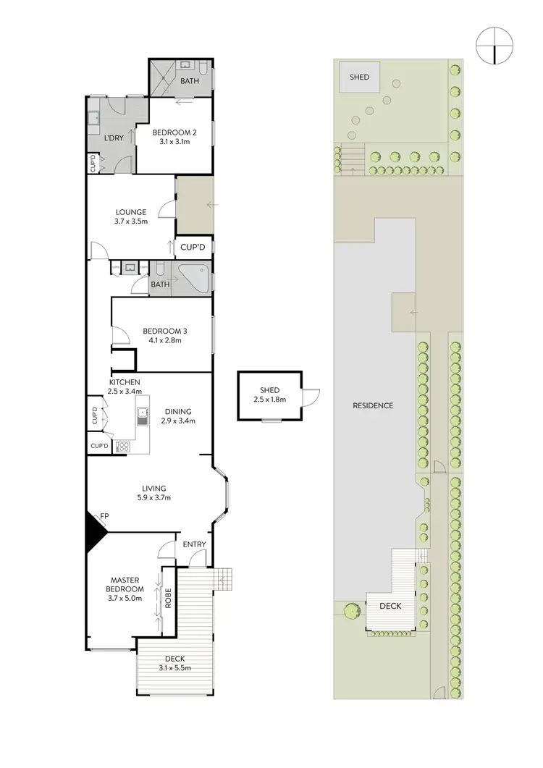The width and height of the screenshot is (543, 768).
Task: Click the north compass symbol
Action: coord(493,46)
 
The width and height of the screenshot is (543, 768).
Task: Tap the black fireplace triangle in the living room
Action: coord(94,529)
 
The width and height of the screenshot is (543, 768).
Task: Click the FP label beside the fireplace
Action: coord(105,515)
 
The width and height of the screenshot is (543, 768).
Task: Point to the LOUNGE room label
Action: coord(130,212)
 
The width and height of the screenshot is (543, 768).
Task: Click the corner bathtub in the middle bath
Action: coord(195,277)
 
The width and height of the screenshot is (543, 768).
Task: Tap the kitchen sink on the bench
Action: coord(143,415)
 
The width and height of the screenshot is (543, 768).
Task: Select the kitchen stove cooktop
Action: coord(122,446)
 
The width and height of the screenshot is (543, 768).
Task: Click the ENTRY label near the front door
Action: coord(194,544)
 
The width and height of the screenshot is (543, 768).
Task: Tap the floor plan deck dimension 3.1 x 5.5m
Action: coord(175,667)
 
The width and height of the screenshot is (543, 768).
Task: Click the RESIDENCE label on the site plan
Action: coord(373,405)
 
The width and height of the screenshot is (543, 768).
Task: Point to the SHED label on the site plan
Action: coord(359,77)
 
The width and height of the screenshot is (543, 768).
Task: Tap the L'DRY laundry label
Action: coord(112,138)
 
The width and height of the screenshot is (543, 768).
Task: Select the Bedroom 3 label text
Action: coord(171,330)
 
